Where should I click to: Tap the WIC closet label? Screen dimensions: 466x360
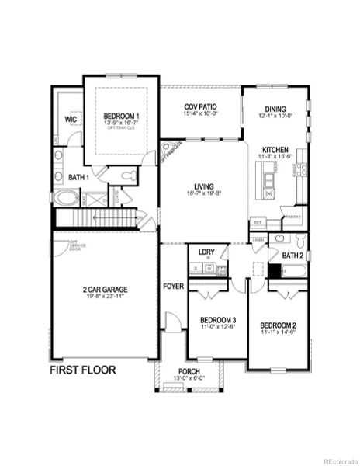[x=71, y=120]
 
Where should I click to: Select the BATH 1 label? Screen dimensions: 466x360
[x=78, y=178]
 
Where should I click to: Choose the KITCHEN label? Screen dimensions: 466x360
[x=275, y=149]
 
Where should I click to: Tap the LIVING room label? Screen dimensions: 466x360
[x=205, y=187]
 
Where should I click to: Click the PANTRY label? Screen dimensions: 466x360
[x=292, y=218]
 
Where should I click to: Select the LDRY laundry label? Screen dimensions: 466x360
[x=206, y=252]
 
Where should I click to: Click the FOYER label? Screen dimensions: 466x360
[x=173, y=287]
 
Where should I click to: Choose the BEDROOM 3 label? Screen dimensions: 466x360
[x=217, y=320]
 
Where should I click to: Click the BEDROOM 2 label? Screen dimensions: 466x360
[x=278, y=325]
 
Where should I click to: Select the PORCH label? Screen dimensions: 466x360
[x=189, y=372]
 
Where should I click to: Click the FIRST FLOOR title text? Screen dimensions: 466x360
[x=83, y=370]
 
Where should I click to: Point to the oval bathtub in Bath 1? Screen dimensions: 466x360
[x=66, y=199]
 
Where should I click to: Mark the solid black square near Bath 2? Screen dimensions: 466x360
[x=275, y=271]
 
